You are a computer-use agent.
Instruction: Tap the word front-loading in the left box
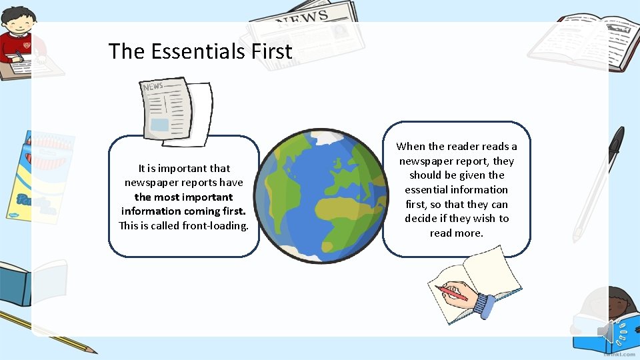coord(217,225)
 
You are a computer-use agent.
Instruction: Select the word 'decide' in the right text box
coord(421,219)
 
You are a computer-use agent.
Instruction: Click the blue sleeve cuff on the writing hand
coord(483,304)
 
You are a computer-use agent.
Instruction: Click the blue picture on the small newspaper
coord(160,125)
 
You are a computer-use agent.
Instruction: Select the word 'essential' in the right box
coord(426,190)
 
